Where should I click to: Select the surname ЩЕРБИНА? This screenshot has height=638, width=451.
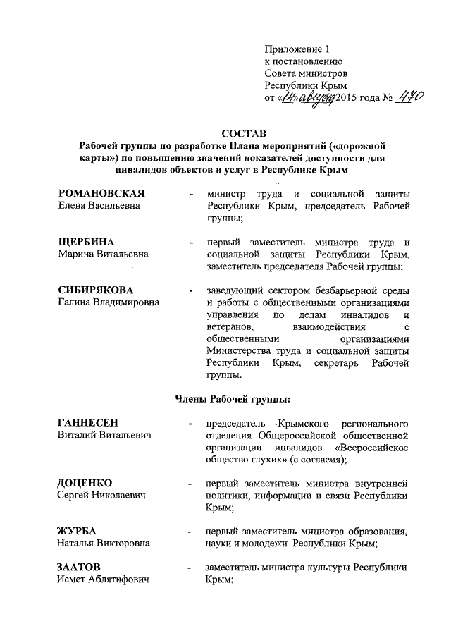tap(81, 242)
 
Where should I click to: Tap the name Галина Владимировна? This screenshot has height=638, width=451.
tap(109, 302)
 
